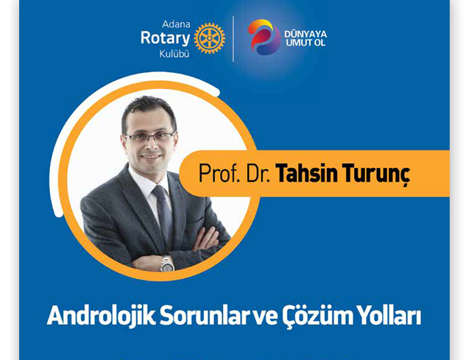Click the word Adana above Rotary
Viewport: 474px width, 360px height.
pyautogui.click(x=176, y=24)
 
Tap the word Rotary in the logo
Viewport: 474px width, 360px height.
pyautogui.click(x=165, y=39)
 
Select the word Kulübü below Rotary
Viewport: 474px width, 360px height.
pyautogui.click(x=174, y=54)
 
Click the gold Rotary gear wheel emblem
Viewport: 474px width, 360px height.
pyautogui.click(x=210, y=38)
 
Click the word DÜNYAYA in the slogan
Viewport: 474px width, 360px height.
pyautogui.click(x=305, y=33)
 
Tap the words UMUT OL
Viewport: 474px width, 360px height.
pyautogui.click(x=305, y=43)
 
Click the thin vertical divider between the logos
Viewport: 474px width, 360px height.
pyautogui.click(x=233, y=39)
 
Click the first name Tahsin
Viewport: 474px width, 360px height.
pyautogui.click(x=306, y=174)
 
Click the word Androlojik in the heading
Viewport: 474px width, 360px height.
pyautogui.click(x=101, y=316)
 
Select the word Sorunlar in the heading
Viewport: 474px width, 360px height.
pyautogui.click(x=205, y=316)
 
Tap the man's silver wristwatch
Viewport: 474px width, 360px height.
pyautogui.click(x=166, y=264)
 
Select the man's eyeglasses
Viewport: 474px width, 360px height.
pyautogui.click(x=150, y=137)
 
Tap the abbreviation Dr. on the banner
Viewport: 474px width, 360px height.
pyautogui.click(x=258, y=174)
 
